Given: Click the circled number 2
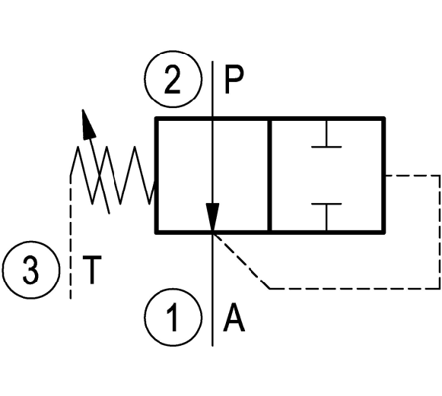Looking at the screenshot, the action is point(173,79).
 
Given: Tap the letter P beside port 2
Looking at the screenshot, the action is point(234,80).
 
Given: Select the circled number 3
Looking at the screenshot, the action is point(31,270).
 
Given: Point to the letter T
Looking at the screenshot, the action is point(91,270).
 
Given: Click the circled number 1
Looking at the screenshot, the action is point(173,317).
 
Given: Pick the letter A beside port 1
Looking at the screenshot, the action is point(234,318).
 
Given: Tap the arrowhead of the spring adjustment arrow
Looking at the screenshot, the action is point(87,124).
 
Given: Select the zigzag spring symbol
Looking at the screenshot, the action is point(113,175).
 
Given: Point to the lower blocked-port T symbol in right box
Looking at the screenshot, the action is point(326,217).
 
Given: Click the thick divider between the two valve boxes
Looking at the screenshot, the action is point(270,175).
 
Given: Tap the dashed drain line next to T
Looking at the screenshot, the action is point(71,237).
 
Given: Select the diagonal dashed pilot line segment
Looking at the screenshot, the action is point(241,261).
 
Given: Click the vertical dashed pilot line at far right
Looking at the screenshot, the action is point(439,232).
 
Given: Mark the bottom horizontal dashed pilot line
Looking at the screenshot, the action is point(355,288).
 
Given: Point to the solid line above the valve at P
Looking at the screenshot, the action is point(212,89).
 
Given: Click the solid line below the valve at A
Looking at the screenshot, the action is point(212,290).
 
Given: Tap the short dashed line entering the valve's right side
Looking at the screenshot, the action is point(412,176).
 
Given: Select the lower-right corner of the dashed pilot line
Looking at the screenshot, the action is point(439,288).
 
